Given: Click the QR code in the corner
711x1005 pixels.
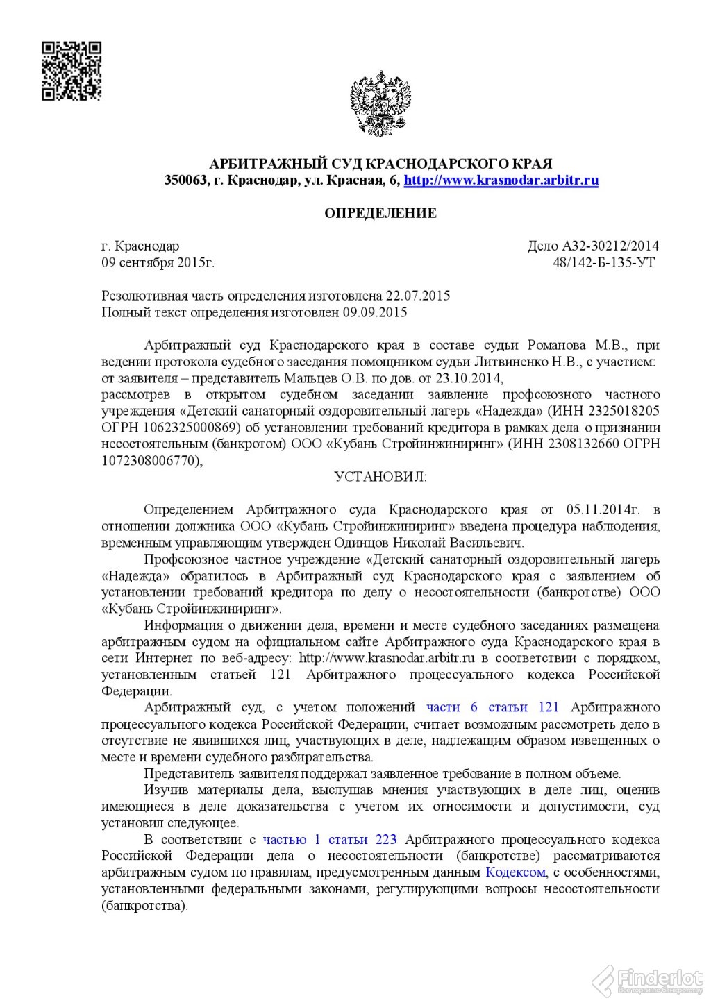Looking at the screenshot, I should [x=72, y=71].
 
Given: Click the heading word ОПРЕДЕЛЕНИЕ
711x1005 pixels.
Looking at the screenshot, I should [x=380, y=213].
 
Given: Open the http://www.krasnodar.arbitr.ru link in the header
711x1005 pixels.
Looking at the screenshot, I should [x=501, y=180].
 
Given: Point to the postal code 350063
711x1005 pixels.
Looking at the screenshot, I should [x=185, y=180].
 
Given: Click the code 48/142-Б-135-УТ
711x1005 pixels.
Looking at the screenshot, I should [x=603, y=262].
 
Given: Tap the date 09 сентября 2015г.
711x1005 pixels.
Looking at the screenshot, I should [x=158, y=262].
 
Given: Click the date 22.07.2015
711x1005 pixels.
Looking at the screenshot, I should [x=418, y=296].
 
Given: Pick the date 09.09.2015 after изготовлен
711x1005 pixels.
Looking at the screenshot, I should [x=374, y=312].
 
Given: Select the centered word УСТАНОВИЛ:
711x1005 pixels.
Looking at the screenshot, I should [x=380, y=477].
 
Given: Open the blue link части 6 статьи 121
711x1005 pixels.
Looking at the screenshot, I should [x=492, y=707].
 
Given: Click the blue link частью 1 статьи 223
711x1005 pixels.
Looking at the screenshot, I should [x=330, y=840].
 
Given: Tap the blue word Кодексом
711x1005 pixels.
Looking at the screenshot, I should [x=515, y=872].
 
